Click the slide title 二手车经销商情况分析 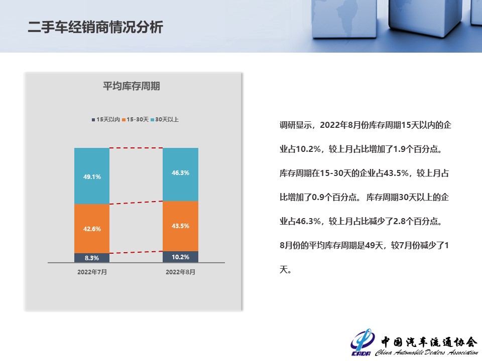[x=95, y=27]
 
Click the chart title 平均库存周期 [x=132, y=86]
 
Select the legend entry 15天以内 [x=106, y=119]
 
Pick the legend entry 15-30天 [x=135, y=119]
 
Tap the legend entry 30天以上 [x=165, y=119]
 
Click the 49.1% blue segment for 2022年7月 [x=92, y=176]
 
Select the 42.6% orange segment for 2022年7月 [x=92, y=229]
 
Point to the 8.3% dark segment [x=92, y=258]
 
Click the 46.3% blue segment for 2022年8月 [x=180, y=174]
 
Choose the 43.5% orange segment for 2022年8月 [x=180, y=226]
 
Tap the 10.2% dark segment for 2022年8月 [x=180, y=257]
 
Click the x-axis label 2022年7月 [x=92, y=272]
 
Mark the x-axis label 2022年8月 [x=180, y=272]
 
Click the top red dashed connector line [x=136, y=148]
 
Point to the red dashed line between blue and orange [x=136, y=203]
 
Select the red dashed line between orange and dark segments [x=136, y=252]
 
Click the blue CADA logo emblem [x=362, y=342]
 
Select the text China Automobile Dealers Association [x=426, y=352]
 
